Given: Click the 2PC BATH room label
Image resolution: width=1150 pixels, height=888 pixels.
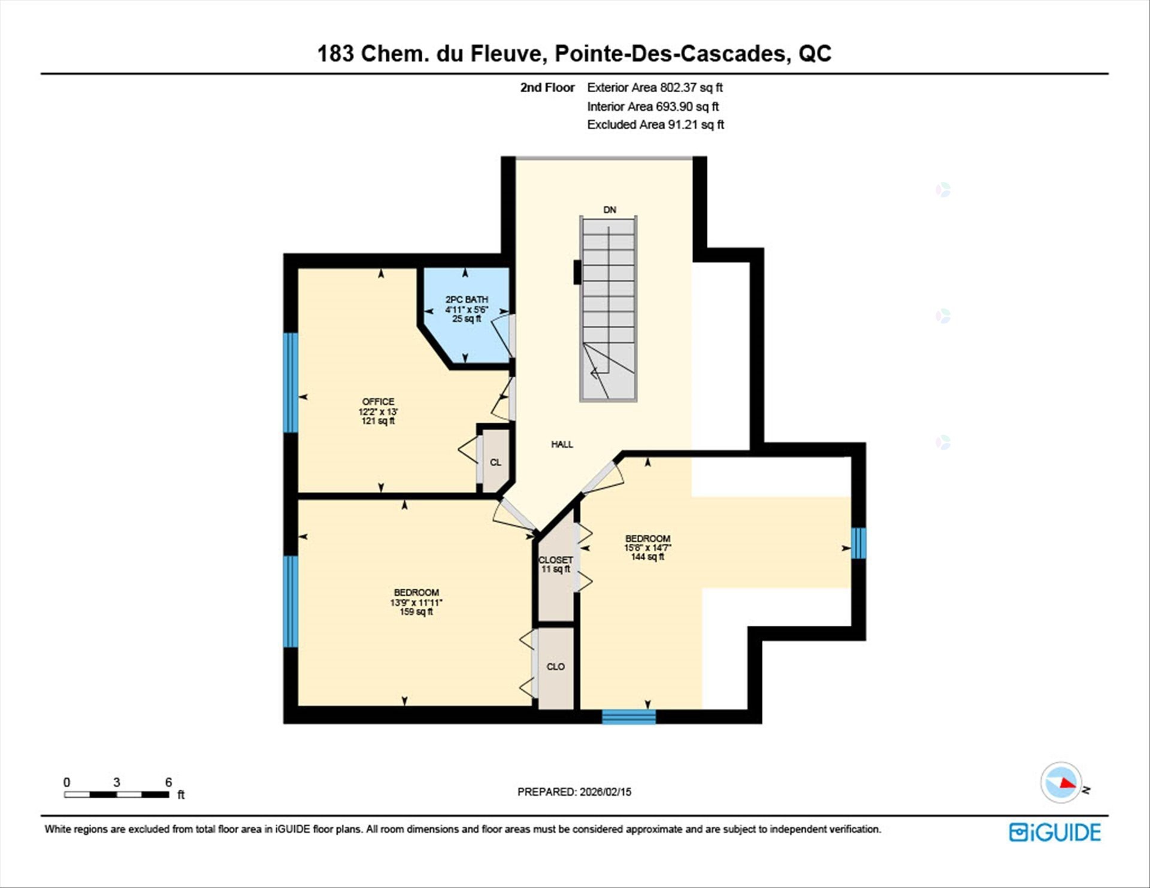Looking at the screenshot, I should coord(466,299).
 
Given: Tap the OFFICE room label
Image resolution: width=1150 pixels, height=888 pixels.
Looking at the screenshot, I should coord(378,402).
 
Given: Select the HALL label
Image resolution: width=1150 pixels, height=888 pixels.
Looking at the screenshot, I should coord(562,444).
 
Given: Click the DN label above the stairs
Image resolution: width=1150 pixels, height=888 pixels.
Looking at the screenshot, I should coord(609,210).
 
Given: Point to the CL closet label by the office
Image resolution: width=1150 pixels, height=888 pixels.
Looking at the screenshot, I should coord(495,462).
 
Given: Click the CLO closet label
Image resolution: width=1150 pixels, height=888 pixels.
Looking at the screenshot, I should coord(555,666).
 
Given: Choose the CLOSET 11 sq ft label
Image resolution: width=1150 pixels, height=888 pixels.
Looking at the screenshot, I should coord(555,565).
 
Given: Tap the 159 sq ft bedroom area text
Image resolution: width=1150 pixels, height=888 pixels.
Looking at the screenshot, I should coord(416,612).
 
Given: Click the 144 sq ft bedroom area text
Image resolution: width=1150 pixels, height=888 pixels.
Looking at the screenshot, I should coord(647,557).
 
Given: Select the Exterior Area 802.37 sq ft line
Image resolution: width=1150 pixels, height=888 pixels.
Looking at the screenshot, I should coord(654,87).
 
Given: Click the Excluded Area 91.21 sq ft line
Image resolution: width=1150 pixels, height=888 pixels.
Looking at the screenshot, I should coord(655,125).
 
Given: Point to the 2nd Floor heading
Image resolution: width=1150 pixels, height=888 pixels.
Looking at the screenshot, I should coord(547,87).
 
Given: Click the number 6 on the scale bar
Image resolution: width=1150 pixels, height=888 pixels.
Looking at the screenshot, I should coord(168,782).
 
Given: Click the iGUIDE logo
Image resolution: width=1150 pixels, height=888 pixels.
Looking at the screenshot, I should coord(1054,832).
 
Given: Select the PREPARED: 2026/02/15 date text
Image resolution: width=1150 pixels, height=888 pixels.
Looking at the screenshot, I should coord(574,792).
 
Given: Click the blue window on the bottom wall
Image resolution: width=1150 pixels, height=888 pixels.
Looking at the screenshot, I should coord(628,717).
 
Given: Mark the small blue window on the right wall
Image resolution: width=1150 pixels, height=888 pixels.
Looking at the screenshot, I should coord(858,543).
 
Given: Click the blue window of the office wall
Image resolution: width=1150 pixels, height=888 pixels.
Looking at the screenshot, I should coord(290,382).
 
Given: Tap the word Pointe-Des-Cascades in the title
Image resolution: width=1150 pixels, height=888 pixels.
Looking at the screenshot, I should coord(670,53).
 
